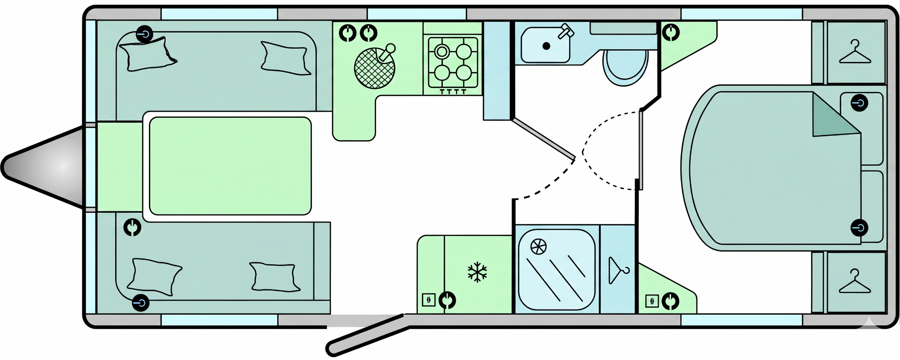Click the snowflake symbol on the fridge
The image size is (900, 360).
[477, 272]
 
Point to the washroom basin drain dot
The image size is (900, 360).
[546, 46]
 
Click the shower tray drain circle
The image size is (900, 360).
[538, 247]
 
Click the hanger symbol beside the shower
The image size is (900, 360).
[618, 270]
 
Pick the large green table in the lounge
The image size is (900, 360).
[230, 166]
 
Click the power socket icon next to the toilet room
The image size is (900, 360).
[671, 33]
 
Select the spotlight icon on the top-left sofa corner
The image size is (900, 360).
[144, 34]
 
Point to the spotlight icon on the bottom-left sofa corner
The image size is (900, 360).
[141, 303]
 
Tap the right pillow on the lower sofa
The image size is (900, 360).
[274, 277]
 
